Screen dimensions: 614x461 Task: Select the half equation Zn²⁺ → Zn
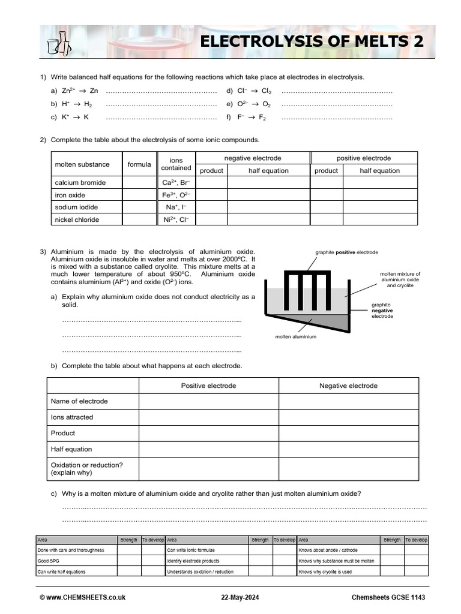(75, 91)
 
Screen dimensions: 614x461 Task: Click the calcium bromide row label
(80, 183)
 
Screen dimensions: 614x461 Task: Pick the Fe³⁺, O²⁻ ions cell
(176, 195)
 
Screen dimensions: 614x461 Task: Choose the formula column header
(139, 164)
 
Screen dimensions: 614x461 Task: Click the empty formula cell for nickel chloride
(139, 219)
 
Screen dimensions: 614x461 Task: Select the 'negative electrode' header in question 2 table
(253, 158)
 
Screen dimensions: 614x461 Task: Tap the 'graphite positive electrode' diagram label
(346, 252)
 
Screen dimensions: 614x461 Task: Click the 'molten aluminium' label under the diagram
(295, 337)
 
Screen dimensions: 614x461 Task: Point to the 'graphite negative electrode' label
(382, 311)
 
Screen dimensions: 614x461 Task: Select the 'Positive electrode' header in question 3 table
(208, 386)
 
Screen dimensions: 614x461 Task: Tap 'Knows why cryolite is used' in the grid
(325, 572)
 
